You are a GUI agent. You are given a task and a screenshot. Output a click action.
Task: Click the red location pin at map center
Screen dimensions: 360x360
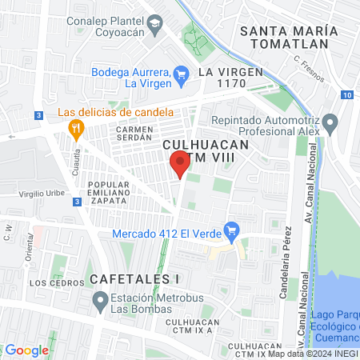click(x=180, y=163)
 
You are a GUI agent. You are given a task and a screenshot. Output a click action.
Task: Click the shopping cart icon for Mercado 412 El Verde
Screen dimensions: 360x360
click(x=232, y=230)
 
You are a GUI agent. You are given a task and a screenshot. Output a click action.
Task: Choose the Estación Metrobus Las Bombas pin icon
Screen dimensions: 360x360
click(x=100, y=302)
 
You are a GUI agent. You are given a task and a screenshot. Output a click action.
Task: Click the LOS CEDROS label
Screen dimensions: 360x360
click(x=57, y=283)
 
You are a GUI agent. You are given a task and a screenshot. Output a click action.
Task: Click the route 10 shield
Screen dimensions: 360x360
click(x=346, y=94)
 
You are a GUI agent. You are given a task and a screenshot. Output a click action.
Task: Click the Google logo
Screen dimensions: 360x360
click(x=26, y=350)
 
